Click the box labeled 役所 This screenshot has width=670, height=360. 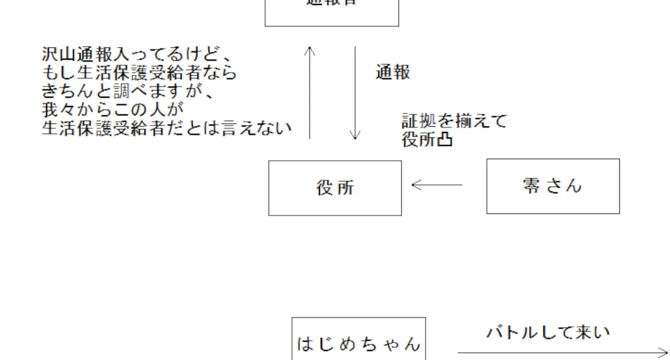pos(335,188)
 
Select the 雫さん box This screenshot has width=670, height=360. pos(553,186)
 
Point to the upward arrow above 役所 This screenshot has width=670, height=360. pos(310,92)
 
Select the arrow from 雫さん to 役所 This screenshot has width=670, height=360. pos(437,185)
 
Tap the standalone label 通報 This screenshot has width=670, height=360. pos(393,72)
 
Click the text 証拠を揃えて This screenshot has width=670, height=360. pos(454,121)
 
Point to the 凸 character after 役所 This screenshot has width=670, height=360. pos(445,140)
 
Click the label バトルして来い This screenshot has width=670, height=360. pos(548,332)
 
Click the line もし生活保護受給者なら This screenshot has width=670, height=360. pos(139,73)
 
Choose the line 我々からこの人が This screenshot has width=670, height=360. pos(113,109)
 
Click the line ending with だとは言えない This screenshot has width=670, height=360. pos(167,128)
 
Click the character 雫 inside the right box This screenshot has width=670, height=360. pos(531,186)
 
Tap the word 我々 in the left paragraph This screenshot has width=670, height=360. pos(60,109)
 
